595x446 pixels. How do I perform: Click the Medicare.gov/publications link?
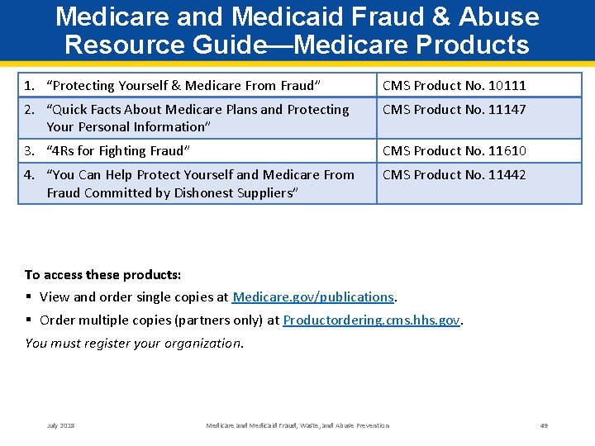click(x=313, y=297)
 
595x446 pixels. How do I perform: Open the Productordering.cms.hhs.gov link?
click(x=371, y=320)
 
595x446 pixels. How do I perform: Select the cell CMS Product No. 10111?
click(x=454, y=85)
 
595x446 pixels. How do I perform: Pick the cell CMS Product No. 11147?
click(x=454, y=109)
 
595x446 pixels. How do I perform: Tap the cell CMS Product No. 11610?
click(x=454, y=150)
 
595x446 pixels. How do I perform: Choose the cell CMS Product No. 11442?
click(x=454, y=174)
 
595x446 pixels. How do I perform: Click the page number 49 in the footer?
click(x=544, y=425)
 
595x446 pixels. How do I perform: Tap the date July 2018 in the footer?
click(x=60, y=425)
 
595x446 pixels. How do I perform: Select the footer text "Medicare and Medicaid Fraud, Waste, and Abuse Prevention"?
click(x=297, y=425)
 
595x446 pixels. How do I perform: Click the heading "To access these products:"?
click(x=103, y=274)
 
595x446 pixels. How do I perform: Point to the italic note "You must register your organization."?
click(x=134, y=344)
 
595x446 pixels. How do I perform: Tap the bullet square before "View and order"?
click(x=29, y=297)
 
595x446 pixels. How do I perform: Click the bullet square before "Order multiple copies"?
click(x=29, y=320)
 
